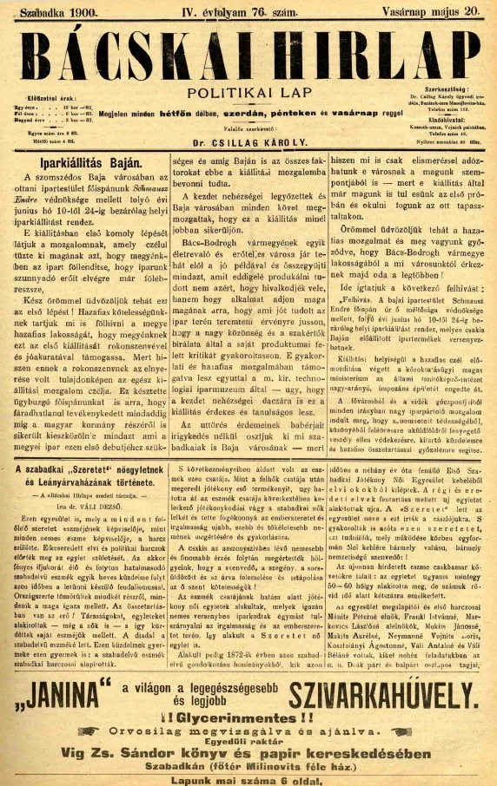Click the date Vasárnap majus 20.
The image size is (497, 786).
(430, 10)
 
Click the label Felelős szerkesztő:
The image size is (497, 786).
(249, 127)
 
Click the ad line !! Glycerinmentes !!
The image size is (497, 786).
(249, 719)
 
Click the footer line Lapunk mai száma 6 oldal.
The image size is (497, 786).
(249, 777)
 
